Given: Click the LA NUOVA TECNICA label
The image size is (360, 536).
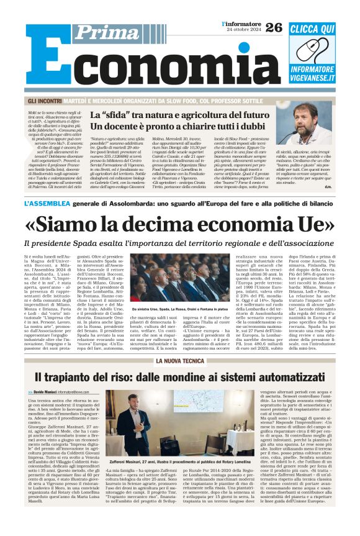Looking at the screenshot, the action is click(x=179, y=360).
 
